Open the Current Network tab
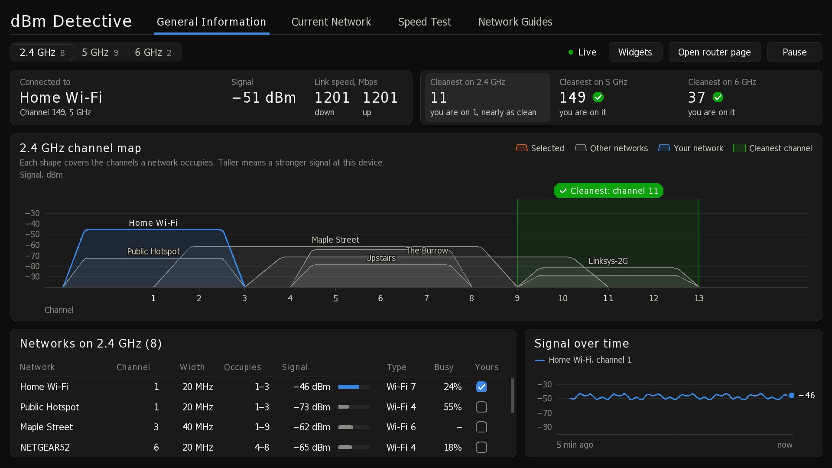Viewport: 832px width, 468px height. (331, 22)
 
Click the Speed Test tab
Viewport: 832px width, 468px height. (424, 22)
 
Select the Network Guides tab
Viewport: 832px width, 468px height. (515, 22)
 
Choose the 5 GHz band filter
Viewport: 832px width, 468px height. (100, 52)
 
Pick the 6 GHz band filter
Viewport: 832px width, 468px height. (153, 52)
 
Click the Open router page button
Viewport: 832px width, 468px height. (715, 52)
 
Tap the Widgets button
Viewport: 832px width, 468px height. (635, 52)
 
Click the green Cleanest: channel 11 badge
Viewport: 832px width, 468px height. (608, 191)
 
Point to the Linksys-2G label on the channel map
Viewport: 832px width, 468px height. (608, 261)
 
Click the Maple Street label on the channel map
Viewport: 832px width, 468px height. (335, 240)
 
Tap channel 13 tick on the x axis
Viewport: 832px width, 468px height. (699, 298)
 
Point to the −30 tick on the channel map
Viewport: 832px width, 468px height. (32, 213)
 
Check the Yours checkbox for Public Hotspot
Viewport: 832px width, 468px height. (481, 407)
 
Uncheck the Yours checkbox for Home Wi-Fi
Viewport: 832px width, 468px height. (481, 387)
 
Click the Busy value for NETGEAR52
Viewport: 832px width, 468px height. (452, 447)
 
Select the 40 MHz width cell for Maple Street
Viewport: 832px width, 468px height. (198, 427)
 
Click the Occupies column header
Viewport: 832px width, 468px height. (243, 367)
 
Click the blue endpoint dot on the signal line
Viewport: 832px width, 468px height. (792, 395)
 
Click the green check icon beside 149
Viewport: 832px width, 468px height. (598, 97)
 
